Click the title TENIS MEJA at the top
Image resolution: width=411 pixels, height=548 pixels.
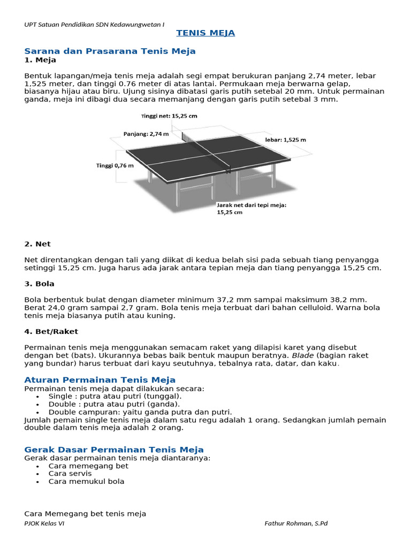point(205,33)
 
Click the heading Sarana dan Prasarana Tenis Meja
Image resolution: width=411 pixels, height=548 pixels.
point(110,51)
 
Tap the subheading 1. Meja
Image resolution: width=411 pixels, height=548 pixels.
point(41,60)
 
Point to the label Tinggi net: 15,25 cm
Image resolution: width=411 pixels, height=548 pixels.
point(169,116)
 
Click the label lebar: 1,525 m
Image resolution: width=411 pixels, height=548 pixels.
point(286,140)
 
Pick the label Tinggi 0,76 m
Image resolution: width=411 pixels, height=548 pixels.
point(115,165)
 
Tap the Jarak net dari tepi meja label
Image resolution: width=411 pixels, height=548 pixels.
point(251,208)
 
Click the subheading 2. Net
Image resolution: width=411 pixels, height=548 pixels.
point(37,244)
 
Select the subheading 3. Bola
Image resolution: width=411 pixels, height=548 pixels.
point(40,284)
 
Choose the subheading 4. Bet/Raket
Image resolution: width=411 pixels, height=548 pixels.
point(51,332)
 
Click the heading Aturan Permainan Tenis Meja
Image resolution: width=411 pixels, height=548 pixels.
point(100,380)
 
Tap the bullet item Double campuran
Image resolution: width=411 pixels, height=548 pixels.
point(140,412)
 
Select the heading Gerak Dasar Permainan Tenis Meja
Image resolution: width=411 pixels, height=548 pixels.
point(114,450)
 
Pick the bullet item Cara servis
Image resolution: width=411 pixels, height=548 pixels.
point(70,474)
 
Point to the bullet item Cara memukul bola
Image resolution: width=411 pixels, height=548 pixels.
point(86,481)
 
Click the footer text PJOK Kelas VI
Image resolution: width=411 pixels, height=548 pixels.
point(44,523)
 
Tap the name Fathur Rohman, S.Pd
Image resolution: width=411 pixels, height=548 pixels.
point(296,523)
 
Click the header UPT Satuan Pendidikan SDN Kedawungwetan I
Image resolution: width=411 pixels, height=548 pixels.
point(95,25)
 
